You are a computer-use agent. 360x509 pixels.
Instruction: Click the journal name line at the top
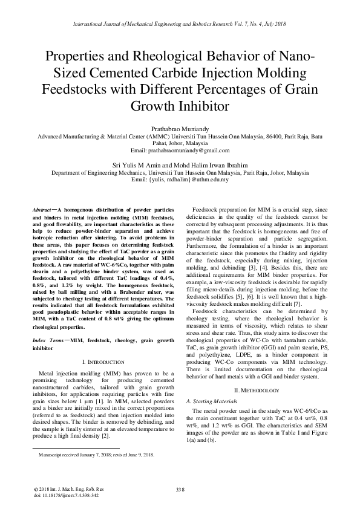tap(180, 24)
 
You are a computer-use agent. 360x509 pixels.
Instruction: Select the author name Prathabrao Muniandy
tap(179, 129)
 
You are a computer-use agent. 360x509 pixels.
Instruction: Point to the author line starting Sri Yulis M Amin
tap(179, 164)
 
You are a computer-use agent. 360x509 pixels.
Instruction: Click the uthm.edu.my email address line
tap(180, 179)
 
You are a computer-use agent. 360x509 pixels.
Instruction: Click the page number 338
tap(179, 489)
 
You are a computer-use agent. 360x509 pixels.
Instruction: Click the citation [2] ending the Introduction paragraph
tap(106, 436)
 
